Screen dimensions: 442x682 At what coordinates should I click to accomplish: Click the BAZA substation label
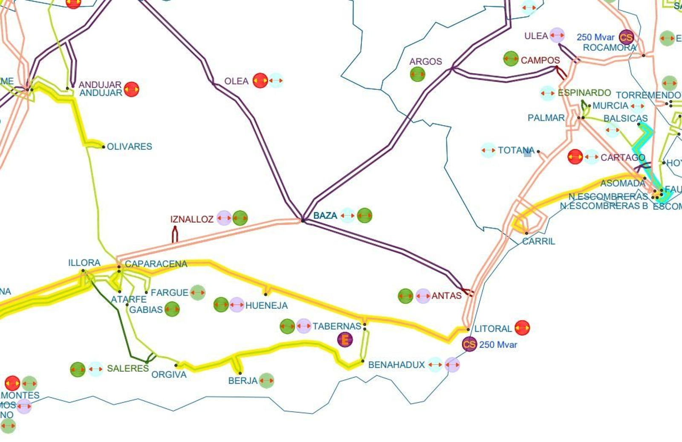[x=325, y=215]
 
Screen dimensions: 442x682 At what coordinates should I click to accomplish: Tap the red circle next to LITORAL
[x=522, y=328]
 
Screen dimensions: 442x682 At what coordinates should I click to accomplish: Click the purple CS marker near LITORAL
[x=469, y=344]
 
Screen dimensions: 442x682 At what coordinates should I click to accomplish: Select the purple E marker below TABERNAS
[x=345, y=339]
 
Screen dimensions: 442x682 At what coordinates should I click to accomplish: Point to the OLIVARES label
[x=129, y=146]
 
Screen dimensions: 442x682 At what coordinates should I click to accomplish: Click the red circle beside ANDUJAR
[x=131, y=89]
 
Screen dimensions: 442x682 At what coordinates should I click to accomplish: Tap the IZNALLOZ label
[x=192, y=219]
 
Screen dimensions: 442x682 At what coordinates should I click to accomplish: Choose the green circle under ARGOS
[x=417, y=75]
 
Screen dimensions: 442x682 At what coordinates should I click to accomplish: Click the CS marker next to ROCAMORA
[x=626, y=37]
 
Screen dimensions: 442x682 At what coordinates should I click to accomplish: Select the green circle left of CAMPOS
[x=511, y=59]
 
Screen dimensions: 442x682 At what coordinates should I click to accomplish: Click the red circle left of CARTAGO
[x=575, y=157]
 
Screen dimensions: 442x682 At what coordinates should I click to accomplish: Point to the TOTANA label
[x=516, y=150]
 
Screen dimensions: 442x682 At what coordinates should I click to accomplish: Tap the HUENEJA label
[x=266, y=305]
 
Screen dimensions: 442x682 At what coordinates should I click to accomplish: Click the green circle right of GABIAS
[x=172, y=309]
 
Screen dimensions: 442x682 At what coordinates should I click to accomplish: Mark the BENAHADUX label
[x=396, y=365]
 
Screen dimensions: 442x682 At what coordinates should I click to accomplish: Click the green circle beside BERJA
[x=266, y=380]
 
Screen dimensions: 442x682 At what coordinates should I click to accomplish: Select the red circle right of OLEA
[x=260, y=80]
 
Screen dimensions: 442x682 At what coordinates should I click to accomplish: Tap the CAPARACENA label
[x=156, y=264]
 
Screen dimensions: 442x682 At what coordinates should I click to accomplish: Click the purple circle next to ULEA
[x=557, y=35]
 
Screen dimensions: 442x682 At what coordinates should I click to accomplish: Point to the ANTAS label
[x=446, y=296]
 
